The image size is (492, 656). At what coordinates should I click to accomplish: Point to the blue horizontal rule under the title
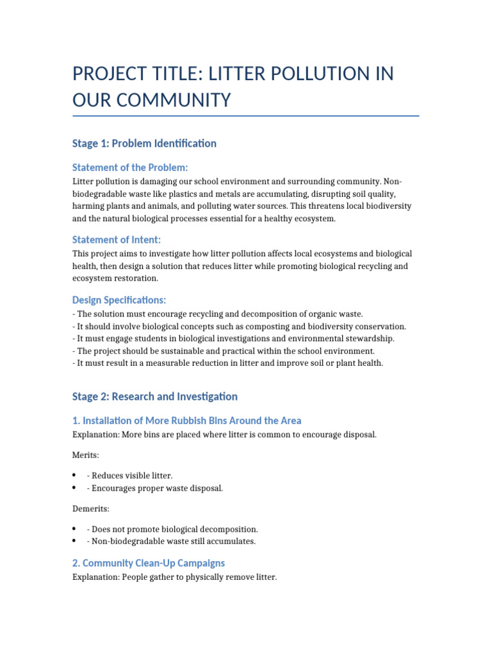tap(246, 116)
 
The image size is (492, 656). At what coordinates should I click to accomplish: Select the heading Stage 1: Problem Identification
tap(144, 143)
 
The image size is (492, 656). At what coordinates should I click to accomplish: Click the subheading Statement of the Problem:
tap(130, 167)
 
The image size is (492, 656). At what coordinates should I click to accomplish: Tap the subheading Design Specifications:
tap(119, 300)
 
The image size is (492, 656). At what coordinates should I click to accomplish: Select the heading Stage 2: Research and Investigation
tap(155, 397)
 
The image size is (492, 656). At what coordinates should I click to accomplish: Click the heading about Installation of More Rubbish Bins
tap(186, 420)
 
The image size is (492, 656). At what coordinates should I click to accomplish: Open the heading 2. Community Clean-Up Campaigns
tap(149, 562)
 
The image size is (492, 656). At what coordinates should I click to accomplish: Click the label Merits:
tap(86, 454)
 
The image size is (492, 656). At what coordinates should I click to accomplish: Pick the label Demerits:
tap(91, 509)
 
